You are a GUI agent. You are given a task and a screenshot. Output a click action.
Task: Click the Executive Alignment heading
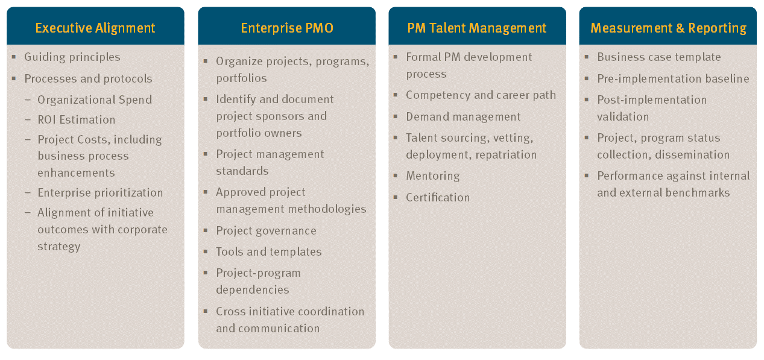[x=95, y=28]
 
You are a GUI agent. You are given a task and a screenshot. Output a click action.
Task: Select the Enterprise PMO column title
[x=287, y=28]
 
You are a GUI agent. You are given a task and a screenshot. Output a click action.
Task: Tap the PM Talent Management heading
[x=477, y=28]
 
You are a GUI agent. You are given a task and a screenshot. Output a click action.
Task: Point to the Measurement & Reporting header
[x=668, y=28]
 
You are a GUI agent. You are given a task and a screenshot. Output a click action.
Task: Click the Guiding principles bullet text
[x=72, y=57]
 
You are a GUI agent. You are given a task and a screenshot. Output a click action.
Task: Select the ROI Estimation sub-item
[x=77, y=120]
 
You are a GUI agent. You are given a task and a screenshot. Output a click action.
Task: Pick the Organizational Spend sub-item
[x=95, y=100]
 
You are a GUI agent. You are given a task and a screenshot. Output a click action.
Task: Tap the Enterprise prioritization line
[x=100, y=193]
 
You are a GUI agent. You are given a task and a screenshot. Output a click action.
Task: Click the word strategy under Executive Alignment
[x=59, y=247]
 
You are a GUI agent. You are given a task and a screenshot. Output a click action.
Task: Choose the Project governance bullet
[x=266, y=231]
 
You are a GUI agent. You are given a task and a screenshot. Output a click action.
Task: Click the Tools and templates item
[x=269, y=252]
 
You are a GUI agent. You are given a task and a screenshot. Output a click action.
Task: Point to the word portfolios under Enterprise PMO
[x=241, y=78]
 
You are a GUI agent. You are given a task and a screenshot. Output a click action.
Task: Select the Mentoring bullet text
[x=433, y=176]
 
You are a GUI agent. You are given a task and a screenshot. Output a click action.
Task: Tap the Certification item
[x=438, y=198]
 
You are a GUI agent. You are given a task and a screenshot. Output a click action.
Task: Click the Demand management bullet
[x=463, y=117]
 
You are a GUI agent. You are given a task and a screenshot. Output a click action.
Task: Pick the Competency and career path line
[x=481, y=95]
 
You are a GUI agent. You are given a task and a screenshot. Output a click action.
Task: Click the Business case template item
[x=659, y=57]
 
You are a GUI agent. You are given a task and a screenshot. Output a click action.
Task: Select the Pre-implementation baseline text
[x=674, y=79]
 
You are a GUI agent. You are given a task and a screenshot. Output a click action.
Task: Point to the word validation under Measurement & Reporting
[x=623, y=117]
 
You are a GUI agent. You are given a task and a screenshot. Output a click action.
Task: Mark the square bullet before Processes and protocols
[x=14, y=78]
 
